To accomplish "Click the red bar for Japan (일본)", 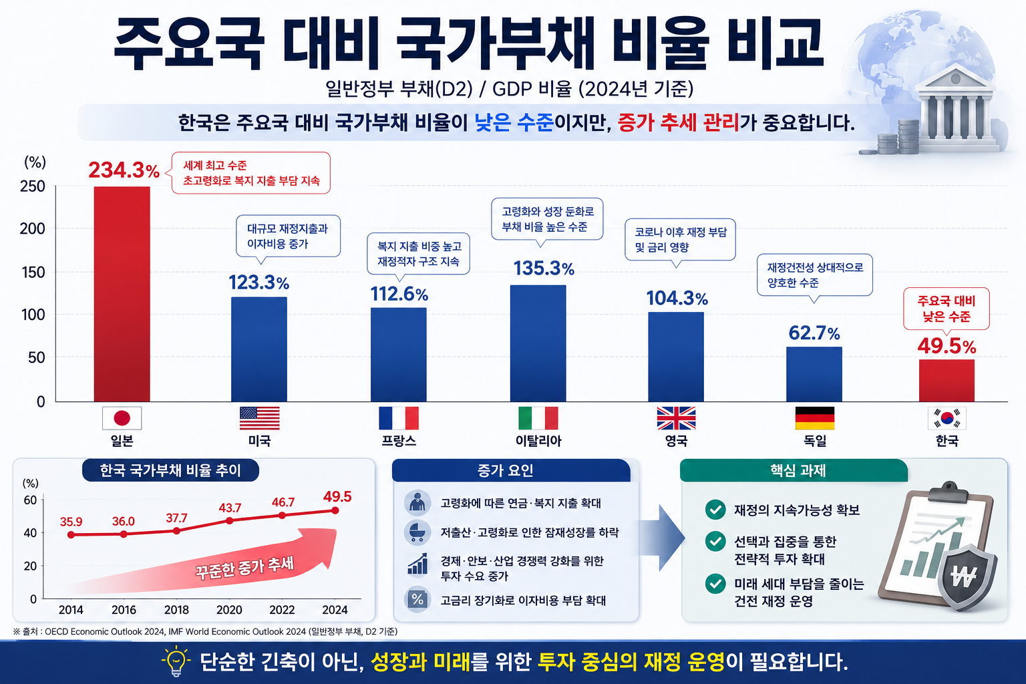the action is tap(122, 294).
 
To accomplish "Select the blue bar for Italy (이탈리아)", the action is tap(538, 343).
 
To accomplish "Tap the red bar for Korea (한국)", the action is tap(947, 380).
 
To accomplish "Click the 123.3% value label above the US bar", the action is tap(259, 283).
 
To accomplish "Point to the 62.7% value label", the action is tap(814, 333).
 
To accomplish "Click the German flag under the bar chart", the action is tap(815, 418).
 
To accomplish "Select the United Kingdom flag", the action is tap(676, 418).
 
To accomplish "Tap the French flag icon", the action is tap(399, 418).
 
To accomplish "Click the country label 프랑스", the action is tap(399, 441).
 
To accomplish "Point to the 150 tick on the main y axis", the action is tap(33, 272).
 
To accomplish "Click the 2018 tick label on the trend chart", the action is tap(176, 610).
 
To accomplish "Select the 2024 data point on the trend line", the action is tap(335, 510).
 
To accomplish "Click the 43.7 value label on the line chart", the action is tap(230, 508).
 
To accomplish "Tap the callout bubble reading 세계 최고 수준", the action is tap(250, 173).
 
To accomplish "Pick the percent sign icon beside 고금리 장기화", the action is tap(417, 599).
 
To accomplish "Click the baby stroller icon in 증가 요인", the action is tap(417, 532).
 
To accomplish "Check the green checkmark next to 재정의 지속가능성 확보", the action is tap(715, 510).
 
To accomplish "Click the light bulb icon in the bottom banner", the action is tap(176, 661).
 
